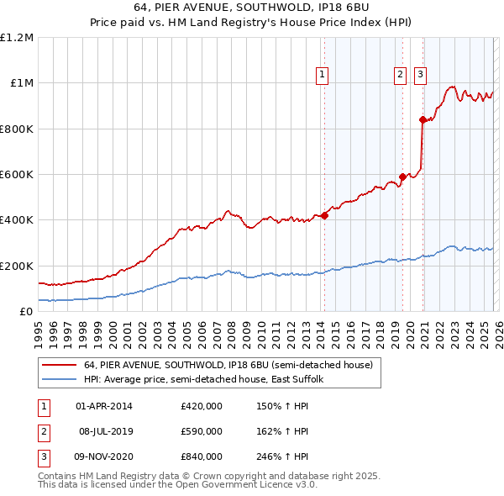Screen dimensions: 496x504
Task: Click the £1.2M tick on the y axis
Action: [17, 37]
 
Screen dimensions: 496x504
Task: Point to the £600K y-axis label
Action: [17, 174]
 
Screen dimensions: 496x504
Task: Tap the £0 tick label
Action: [25, 311]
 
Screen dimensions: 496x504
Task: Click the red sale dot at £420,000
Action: [324, 215]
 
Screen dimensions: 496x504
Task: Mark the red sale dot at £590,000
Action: [402, 177]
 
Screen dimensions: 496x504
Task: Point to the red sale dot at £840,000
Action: [422, 119]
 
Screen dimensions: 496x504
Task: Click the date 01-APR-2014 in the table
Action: [104, 406]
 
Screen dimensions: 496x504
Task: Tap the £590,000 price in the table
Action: [201, 431]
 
